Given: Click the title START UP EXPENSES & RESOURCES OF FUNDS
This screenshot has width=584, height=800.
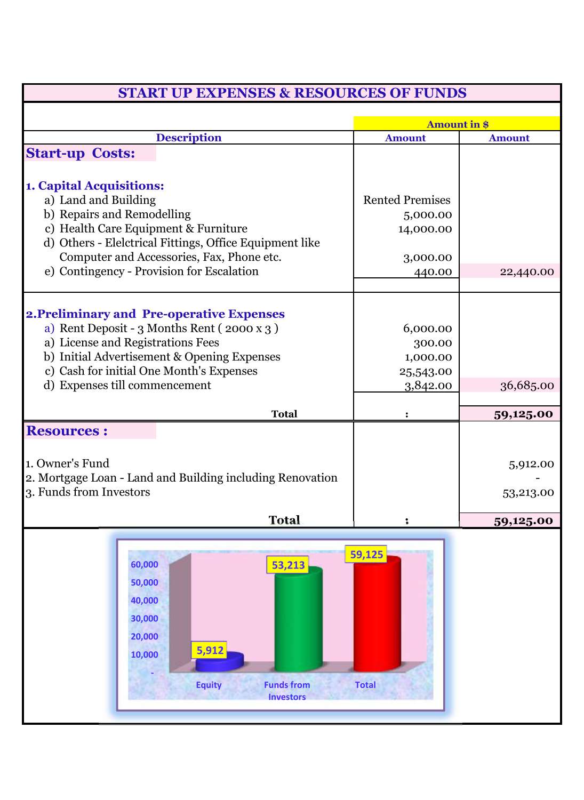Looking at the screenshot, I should (292, 93).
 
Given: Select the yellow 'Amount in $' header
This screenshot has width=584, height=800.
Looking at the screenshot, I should (457, 124).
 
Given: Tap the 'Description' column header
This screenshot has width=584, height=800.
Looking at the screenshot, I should (188, 138).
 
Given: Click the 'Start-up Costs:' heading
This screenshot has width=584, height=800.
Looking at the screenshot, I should (81, 154).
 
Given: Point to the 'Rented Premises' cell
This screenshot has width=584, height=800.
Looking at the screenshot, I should (406, 200).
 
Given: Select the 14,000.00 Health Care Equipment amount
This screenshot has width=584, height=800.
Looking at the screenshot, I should (425, 229).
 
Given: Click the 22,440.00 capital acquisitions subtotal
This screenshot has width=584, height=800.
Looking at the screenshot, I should (526, 271).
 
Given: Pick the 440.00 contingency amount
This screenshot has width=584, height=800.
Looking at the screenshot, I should (433, 271).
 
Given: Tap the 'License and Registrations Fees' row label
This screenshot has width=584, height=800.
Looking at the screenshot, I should (139, 342).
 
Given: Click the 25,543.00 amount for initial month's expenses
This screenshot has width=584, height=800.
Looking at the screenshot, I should (425, 371).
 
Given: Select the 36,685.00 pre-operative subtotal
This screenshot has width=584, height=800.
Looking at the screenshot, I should (526, 385).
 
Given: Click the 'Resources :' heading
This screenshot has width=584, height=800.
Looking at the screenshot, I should (67, 431).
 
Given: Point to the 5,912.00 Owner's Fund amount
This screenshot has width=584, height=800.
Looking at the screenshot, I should (531, 464).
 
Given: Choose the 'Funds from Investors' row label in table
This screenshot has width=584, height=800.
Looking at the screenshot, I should (94, 492).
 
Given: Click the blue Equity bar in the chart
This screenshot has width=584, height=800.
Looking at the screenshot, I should (219, 662).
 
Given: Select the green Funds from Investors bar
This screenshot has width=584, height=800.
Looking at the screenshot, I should (298, 619).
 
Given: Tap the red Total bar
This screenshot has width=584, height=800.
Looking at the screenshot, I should (377, 613).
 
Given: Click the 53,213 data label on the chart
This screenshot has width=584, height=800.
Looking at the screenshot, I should (288, 565).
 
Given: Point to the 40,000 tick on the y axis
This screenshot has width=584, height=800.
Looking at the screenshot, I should (145, 601).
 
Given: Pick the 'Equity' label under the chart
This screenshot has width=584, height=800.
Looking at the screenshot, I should (209, 685).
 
